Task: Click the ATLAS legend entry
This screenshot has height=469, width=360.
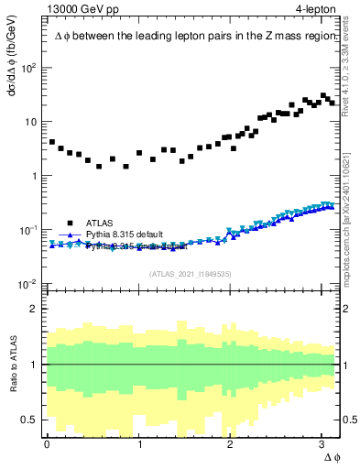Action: click(100, 223)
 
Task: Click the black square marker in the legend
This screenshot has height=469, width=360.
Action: click(70, 223)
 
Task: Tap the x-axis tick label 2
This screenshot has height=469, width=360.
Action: click(230, 443)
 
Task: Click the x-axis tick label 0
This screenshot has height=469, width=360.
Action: click(46, 443)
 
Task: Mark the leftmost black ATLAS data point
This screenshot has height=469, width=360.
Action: click(52, 143)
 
